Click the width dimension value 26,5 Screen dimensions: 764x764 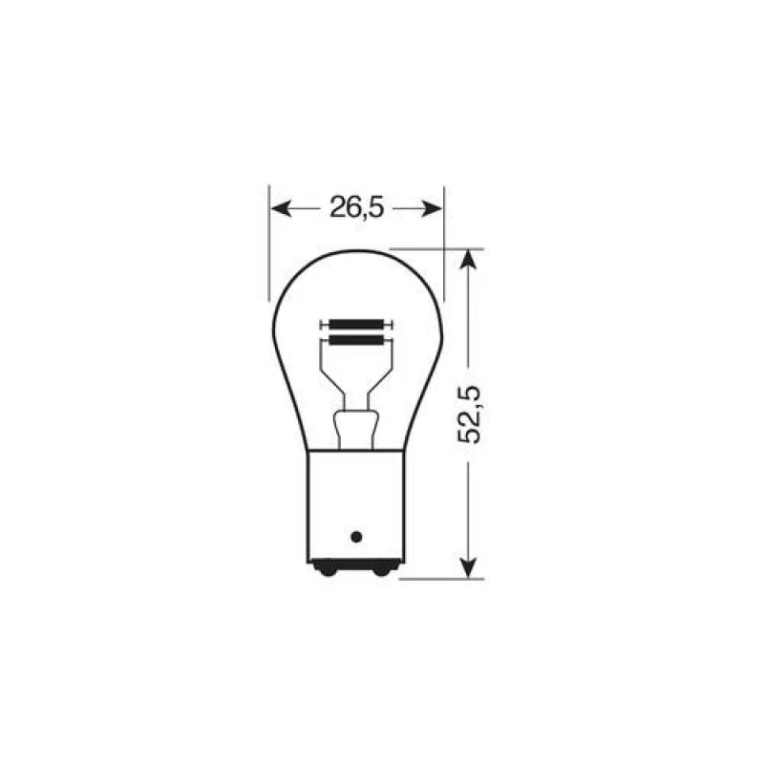(x=356, y=207)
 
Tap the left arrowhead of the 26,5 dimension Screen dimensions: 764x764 (x=279, y=207)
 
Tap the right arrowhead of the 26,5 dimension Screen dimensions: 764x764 (x=435, y=207)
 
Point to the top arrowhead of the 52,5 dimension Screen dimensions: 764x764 (x=467, y=258)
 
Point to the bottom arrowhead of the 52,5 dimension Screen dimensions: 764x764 (x=467, y=570)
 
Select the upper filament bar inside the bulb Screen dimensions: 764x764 (x=356, y=323)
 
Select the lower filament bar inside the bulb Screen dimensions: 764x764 (x=356, y=338)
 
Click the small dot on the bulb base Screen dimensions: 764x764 (x=357, y=535)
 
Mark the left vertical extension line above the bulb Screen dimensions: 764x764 (x=270, y=239)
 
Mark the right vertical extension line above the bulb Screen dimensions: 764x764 (x=444, y=239)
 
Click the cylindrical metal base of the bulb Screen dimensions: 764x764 (x=356, y=506)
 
